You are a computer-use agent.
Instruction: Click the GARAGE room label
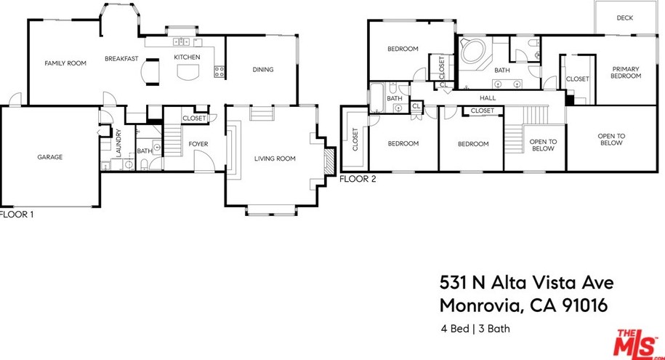tap(50, 157)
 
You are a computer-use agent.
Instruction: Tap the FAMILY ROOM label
tap(65, 63)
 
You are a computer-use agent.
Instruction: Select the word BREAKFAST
tap(121, 59)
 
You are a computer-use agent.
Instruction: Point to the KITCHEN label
tap(187, 57)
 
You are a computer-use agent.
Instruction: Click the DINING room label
tap(263, 70)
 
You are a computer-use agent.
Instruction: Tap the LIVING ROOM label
tap(275, 159)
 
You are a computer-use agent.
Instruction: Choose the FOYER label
tap(198, 144)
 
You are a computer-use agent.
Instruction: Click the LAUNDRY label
tap(118, 143)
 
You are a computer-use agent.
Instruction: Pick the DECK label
tap(625, 18)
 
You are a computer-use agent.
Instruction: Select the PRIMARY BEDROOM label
tap(626, 72)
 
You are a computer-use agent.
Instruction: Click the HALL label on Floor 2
tap(488, 97)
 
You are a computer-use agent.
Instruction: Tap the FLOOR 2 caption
tap(358, 179)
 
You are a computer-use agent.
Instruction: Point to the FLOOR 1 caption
tap(16, 215)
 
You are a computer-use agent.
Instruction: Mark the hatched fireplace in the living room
tap(329, 161)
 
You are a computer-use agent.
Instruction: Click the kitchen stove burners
tap(219, 72)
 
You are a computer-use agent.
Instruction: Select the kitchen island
tap(188, 73)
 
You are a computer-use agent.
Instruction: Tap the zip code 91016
tap(584, 305)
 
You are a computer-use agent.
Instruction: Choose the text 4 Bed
tap(455, 329)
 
